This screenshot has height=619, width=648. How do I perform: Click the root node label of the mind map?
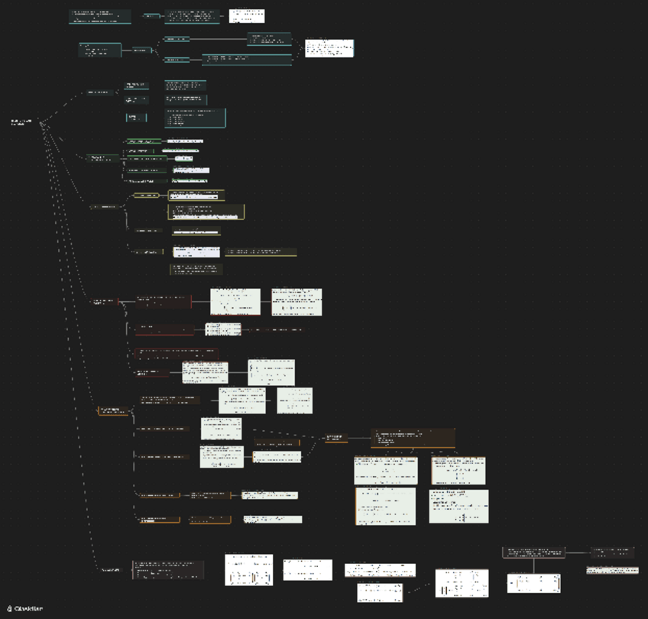(x=21, y=122)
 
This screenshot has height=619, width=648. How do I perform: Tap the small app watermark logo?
(x=10, y=608)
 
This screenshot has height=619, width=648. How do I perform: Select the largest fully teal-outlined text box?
(x=196, y=117)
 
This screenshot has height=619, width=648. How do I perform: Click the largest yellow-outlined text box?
(x=206, y=212)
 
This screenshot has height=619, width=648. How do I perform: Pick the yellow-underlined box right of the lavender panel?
(x=261, y=251)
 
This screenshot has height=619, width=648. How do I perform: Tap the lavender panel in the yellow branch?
(x=196, y=251)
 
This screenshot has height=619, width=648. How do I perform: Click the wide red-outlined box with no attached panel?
(x=177, y=353)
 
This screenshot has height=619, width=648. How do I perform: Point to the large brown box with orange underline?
(x=413, y=437)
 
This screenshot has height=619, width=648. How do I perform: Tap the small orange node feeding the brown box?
(x=336, y=438)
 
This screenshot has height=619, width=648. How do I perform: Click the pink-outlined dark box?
(x=533, y=552)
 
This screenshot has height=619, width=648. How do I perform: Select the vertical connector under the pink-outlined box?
(x=533, y=566)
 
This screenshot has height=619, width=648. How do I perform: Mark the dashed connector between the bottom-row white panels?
(x=419, y=588)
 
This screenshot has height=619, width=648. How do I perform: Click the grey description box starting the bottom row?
(x=168, y=569)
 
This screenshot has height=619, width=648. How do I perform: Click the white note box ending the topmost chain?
(x=247, y=16)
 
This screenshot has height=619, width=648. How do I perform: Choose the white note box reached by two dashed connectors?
(x=329, y=48)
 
